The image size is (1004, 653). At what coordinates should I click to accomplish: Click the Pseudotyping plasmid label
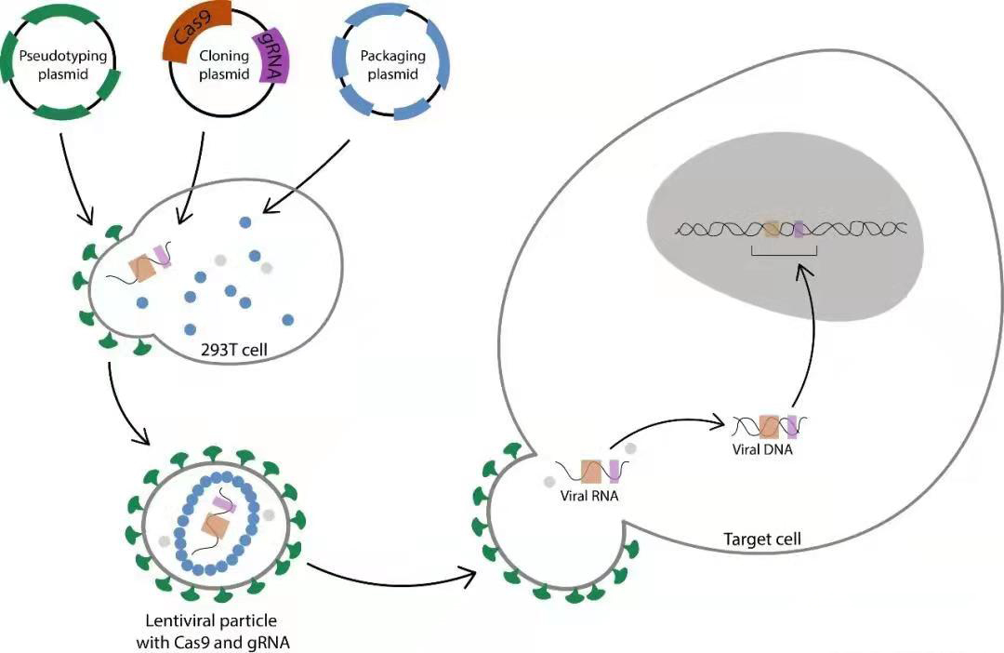click(x=63, y=64)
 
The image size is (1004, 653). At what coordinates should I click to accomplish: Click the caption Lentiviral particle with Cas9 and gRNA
click(x=210, y=630)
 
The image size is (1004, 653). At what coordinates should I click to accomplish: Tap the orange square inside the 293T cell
click(x=142, y=269)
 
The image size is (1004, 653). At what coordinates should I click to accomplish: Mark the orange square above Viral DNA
click(x=769, y=427)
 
